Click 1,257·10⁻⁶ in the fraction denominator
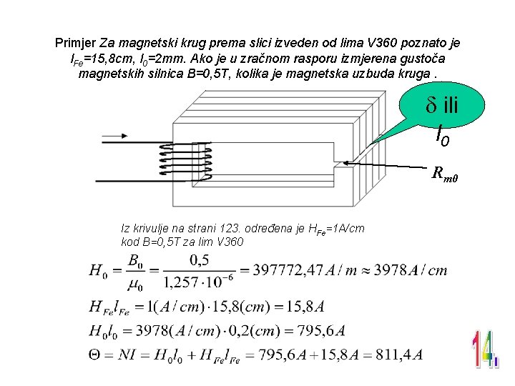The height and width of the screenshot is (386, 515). click(x=192, y=284)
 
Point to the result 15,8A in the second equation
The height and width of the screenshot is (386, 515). click(x=305, y=307)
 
